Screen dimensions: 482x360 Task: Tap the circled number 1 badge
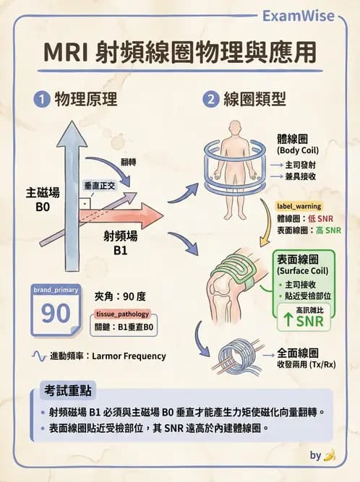tap(40, 100)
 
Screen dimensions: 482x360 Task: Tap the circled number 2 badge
tap(211, 100)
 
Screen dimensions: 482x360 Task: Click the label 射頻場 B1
tap(120, 244)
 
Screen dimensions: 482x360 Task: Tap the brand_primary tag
tap(55, 289)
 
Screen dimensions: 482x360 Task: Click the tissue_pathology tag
tap(122, 314)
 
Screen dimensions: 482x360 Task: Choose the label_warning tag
tap(299, 207)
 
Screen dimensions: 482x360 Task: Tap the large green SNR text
tap(309, 321)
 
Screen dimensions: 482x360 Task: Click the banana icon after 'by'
tap(330, 455)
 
